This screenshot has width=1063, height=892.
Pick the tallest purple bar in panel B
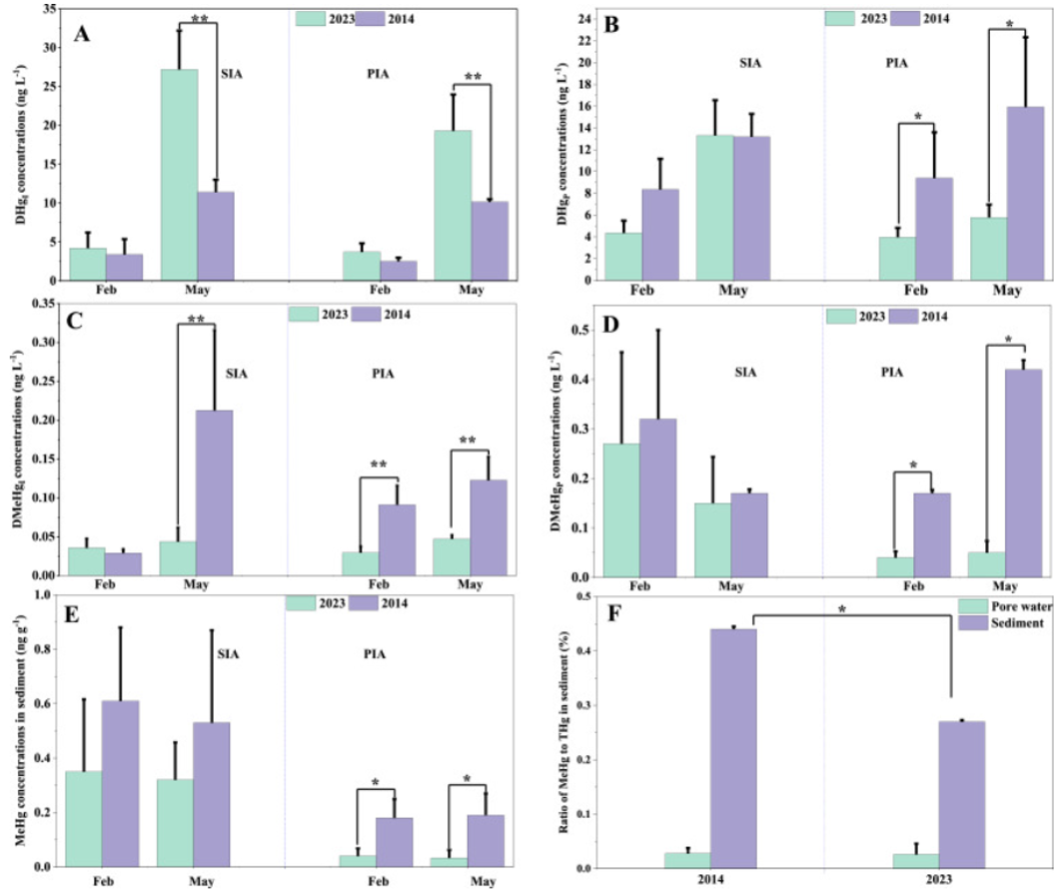pos(1025,192)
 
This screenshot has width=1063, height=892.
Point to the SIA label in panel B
pos(750,63)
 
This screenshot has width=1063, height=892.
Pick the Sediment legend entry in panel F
pos(1007,622)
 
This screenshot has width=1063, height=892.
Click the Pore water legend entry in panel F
pos(1007,606)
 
